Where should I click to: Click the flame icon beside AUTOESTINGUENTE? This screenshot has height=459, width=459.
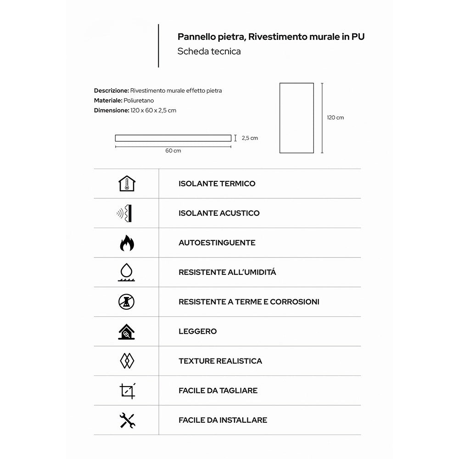click(127, 243)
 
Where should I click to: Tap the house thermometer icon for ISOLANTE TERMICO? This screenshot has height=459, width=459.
click(127, 184)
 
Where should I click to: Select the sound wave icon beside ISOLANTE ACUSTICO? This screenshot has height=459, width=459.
click(125, 213)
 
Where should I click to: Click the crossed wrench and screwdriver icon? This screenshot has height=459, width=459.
click(127, 420)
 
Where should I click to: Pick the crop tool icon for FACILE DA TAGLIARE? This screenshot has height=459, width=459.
click(127, 391)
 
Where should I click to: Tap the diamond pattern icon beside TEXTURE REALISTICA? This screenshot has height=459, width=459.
click(127, 361)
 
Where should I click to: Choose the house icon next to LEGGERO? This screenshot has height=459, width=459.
click(127, 331)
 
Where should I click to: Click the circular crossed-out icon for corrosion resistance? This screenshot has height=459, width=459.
click(127, 302)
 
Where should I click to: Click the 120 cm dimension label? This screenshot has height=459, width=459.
click(335, 118)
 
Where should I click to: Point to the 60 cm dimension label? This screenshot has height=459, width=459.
click(173, 151)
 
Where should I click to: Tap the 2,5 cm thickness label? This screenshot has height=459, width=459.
click(250, 138)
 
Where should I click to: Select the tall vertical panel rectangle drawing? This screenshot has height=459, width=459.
click(297, 118)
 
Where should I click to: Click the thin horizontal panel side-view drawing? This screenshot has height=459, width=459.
click(173, 138)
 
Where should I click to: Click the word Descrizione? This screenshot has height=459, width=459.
click(111, 91)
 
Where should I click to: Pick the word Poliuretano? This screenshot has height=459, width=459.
click(139, 101)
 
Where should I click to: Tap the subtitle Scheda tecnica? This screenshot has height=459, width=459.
click(209, 51)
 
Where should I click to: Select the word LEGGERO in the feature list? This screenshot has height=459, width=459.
click(197, 331)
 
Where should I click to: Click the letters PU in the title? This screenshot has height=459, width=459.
click(358, 37)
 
